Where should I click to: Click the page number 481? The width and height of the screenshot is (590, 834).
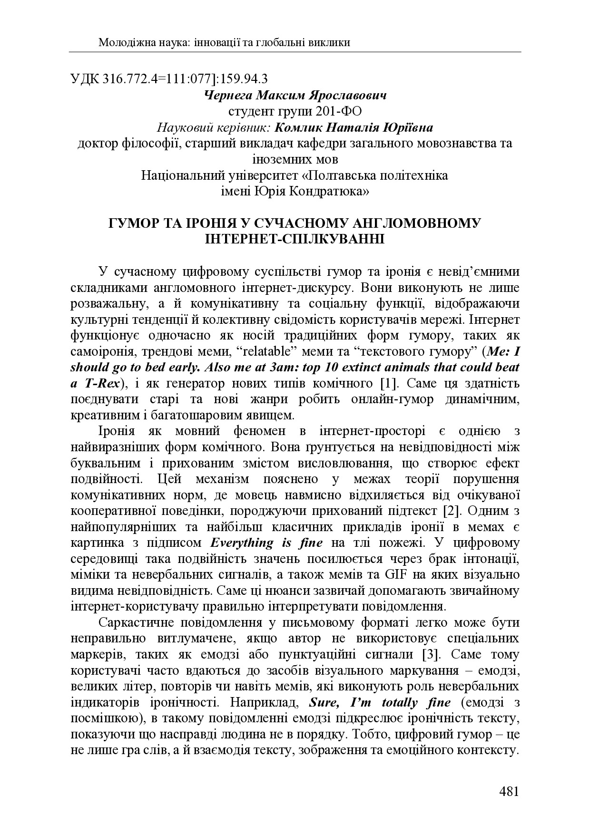coord(509,792)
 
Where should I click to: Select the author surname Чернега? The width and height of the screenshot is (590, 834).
coord(227,95)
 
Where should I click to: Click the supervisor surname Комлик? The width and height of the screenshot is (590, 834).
coord(301,127)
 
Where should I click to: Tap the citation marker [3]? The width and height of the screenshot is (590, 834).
coord(430,654)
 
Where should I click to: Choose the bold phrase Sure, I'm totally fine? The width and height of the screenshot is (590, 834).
coord(380,702)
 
